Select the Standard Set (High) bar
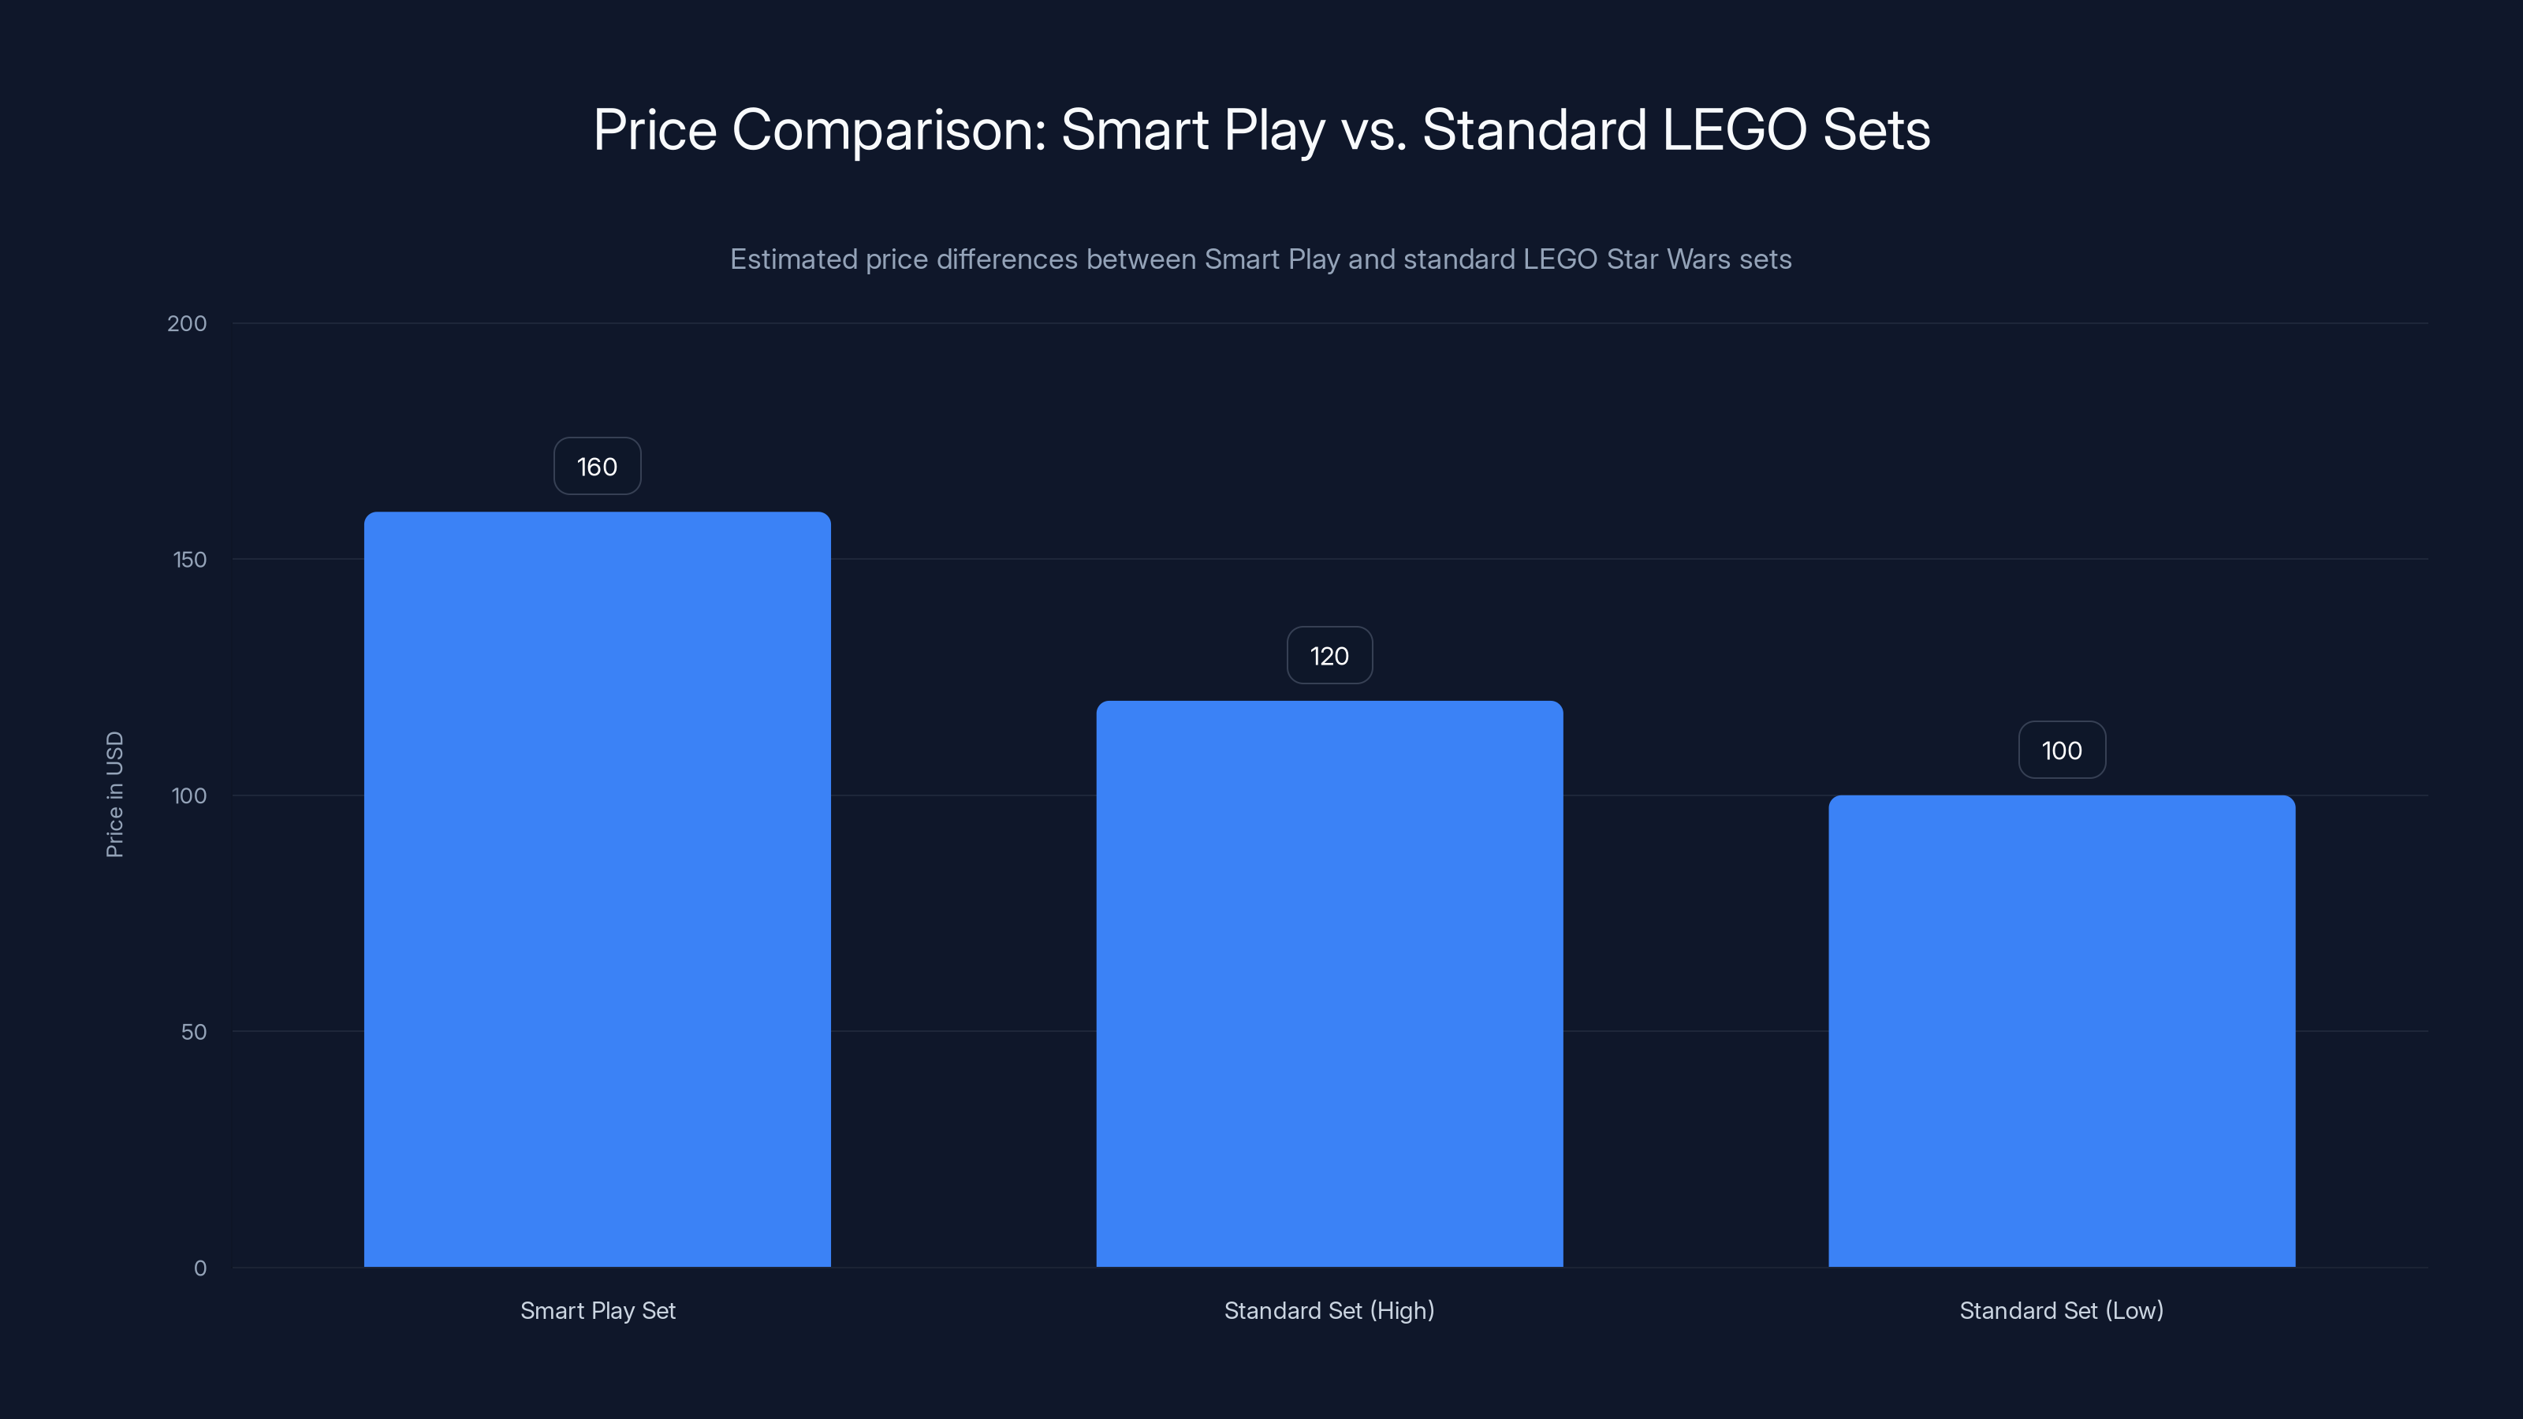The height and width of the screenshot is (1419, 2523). (x=1329, y=983)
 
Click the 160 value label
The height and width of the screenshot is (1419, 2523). (x=598, y=466)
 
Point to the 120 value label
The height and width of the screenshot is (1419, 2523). (x=1329, y=655)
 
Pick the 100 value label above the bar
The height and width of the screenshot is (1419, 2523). (x=2061, y=750)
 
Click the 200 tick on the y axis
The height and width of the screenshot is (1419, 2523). (x=187, y=323)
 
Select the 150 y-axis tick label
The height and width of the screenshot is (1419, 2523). (x=190, y=559)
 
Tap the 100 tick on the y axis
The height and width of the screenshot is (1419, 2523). (x=189, y=795)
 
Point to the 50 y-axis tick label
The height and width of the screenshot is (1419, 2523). (x=194, y=1031)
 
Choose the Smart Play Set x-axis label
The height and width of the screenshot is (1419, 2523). (x=598, y=1310)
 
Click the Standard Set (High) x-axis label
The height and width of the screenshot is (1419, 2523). (x=1329, y=1310)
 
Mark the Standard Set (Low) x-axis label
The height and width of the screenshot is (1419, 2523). (x=2061, y=1310)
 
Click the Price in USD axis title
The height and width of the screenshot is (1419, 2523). (x=114, y=794)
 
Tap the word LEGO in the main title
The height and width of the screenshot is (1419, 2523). (x=1734, y=129)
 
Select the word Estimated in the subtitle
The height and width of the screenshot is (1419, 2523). (x=793, y=259)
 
